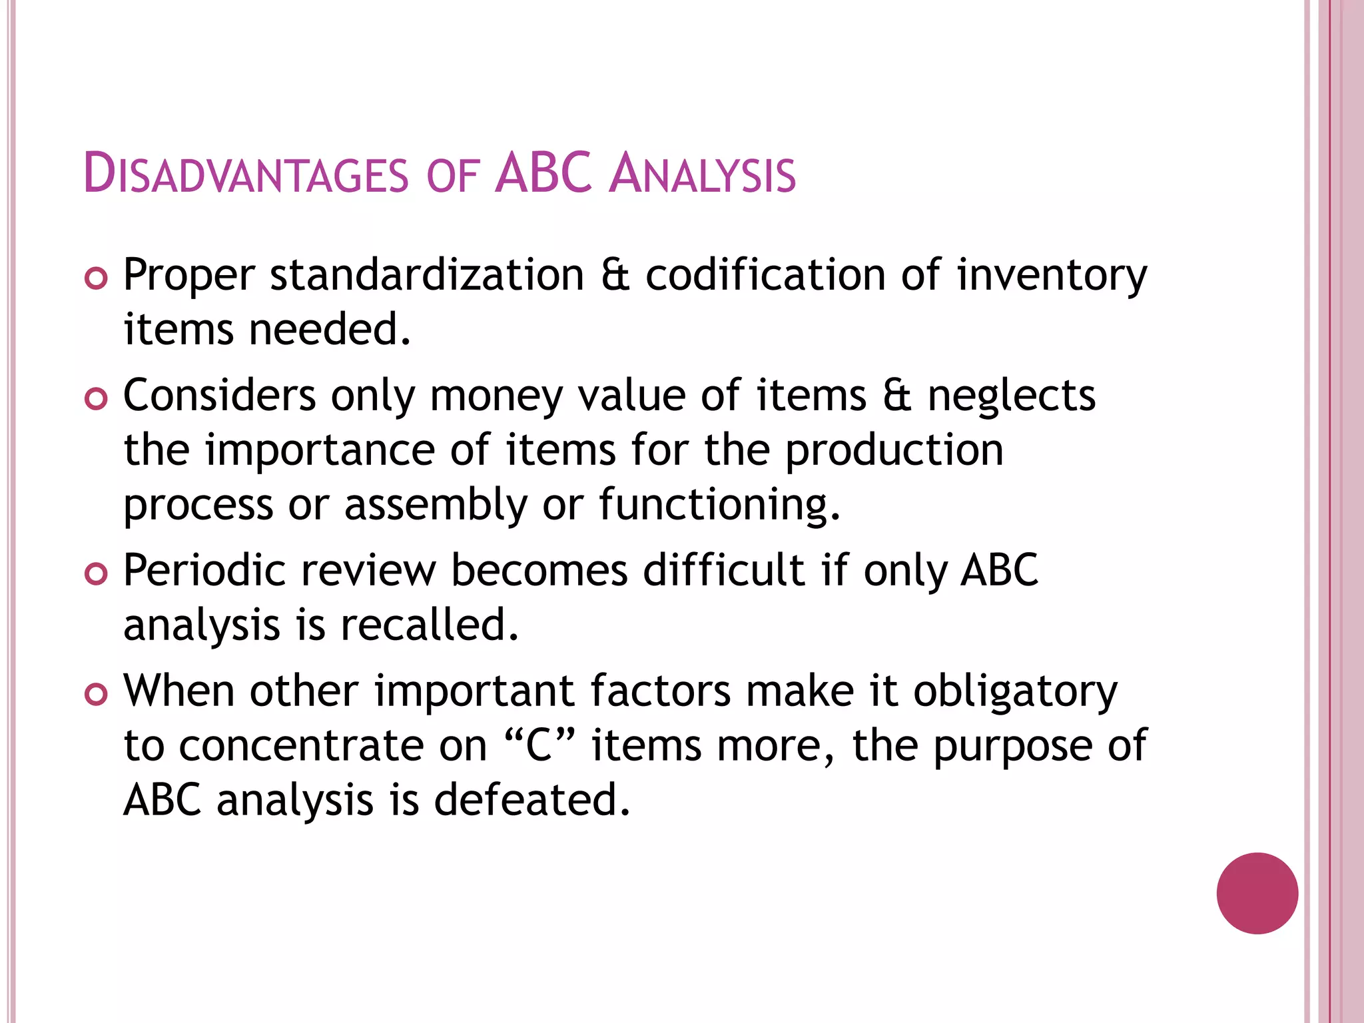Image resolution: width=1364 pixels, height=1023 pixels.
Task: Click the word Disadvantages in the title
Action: click(246, 174)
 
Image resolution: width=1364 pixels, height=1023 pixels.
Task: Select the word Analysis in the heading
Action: click(702, 174)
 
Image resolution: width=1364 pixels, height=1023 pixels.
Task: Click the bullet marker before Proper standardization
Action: click(96, 279)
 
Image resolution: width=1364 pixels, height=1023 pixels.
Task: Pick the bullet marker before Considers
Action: click(96, 400)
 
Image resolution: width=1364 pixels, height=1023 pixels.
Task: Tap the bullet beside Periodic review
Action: click(96, 574)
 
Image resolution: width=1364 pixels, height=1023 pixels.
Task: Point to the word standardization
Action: click(427, 275)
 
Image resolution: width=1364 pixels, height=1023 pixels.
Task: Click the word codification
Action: click(765, 275)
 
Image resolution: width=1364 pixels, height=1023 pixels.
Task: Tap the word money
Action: click(496, 397)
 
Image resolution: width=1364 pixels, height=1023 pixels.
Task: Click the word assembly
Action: click(436, 506)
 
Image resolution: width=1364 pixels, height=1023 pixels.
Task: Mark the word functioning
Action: click(719, 506)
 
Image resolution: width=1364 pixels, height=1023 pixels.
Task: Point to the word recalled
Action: click(429, 625)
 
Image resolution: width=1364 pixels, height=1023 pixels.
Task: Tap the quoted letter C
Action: click(540, 746)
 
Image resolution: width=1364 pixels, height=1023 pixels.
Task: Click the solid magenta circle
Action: click(1257, 893)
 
